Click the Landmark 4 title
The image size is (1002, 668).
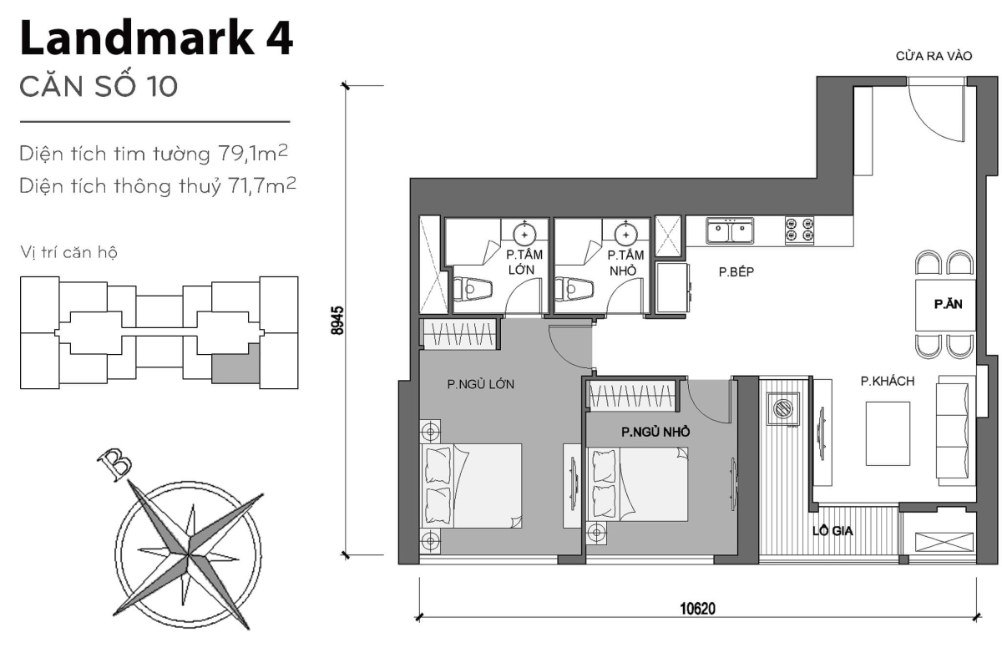pyautogui.click(x=155, y=40)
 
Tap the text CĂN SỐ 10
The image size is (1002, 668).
pyautogui.click(x=99, y=87)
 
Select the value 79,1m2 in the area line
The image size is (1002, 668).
pyautogui.click(x=256, y=154)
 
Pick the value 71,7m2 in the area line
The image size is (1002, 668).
pyautogui.click(x=256, y=185)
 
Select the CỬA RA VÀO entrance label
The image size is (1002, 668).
pyautogui.click(x=934, y=57)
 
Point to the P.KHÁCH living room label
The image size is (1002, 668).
pyautogui.click(x=888, y=382)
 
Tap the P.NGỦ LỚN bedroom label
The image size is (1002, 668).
pyautogui.click(x=480, y=385)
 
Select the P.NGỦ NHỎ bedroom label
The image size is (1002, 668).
pyautogui.click(x=654, y=433)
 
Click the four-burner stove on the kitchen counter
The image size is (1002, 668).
pyautogui.click(x=799, y=230)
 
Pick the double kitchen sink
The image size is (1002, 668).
pyautogui.click(x=729, y=230)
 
